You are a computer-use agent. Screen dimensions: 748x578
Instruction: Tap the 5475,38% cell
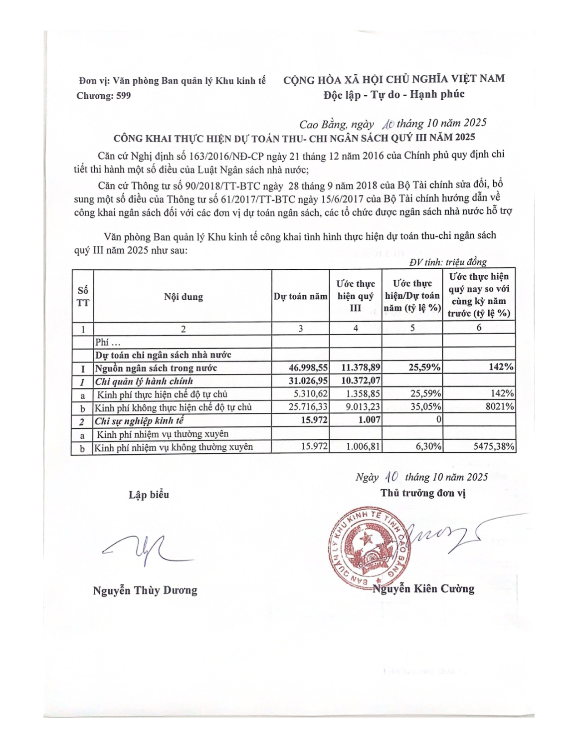[x=494, y=447]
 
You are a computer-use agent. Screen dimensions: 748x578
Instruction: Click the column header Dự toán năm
[x=300, y=297]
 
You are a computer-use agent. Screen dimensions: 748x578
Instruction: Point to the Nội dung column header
[x=183, y=297]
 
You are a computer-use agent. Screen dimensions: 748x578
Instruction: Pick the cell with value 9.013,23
[x=363, y=407]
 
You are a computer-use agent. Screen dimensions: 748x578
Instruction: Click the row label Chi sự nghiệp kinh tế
[x=139, y=420]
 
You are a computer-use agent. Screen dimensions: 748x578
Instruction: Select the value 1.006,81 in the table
[x=363, y=447]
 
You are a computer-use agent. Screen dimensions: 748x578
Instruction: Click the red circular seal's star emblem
[x=368, y=539]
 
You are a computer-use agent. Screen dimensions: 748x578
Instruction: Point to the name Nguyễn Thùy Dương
[x=145, y=590]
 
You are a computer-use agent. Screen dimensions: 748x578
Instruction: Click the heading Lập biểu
[x=149, y=495]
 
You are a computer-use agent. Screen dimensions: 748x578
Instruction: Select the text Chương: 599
[x=104, y=96]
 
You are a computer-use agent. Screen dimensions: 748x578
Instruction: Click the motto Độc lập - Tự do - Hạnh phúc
[x=393, y=94]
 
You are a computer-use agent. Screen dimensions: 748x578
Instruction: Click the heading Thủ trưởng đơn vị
[x=423, y=493]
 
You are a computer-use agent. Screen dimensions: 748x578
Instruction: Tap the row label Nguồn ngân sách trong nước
[x=156, y=368]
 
